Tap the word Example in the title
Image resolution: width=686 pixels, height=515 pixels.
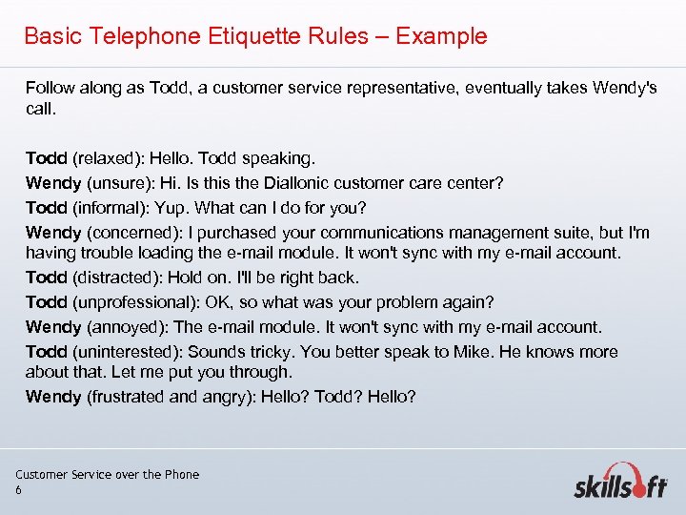pyautogui.click(x=441, y=36)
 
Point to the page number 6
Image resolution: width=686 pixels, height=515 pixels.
pyautogui.click(x=18, y=489)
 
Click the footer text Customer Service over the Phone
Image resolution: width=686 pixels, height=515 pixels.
pyautogui.click(x=108, y=474)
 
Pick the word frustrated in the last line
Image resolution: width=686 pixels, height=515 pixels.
pyautogui.click(x=123, y=396)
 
